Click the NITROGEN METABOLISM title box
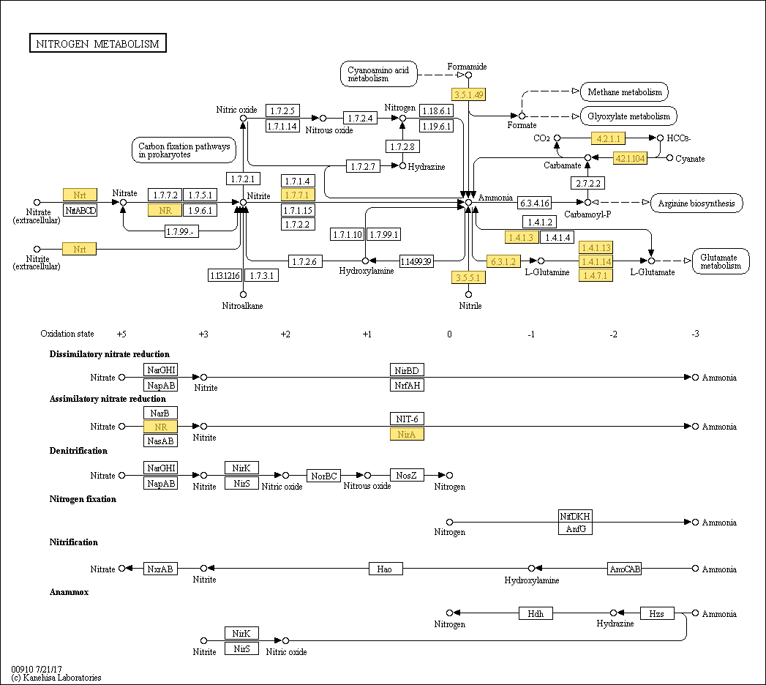(x=98, y=44)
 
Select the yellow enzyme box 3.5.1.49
(x=469, y=94)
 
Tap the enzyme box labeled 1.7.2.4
(x=360, y=118)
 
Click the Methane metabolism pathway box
(x=624, y=92)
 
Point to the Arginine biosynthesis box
(x=696, y=203)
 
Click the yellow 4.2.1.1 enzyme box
(x=608, y=138)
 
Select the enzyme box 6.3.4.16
(x=534, y=203)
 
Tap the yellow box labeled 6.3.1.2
(x=503, y=261)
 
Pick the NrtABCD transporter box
(x=80, y=210)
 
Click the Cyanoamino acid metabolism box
(x=378, y=74)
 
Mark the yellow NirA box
(x=407, y=434)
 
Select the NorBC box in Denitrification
(x=323, y=476)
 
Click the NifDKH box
(x=575, y=515)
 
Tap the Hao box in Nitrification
(x=385, y=569)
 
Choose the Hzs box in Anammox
(x=656, y=613)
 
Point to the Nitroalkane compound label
(x=243, y=305)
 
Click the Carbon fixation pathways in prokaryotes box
(x=184, y=150)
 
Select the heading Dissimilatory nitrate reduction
(x=109, y=354)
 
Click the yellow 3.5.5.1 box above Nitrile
(x=468, y=277)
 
